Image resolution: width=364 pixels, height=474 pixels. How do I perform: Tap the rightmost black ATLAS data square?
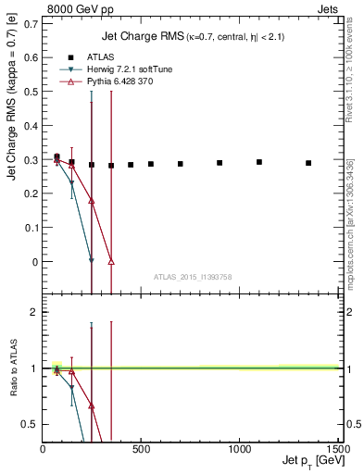(x=308, y=163)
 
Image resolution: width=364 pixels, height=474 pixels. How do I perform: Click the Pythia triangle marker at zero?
(x=111, y=262)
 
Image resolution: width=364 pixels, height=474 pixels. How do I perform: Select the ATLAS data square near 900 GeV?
(x=220, y=163)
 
